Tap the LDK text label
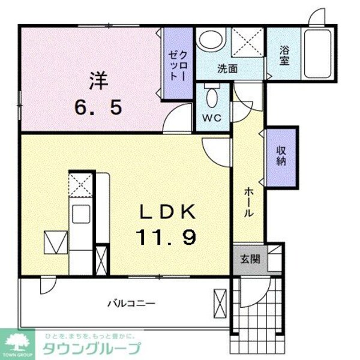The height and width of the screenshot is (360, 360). click(167, 212)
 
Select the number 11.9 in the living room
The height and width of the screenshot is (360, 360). click(167, 239)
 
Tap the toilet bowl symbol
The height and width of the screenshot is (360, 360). click(212, 96)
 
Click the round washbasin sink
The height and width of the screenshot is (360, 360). click(211, 41)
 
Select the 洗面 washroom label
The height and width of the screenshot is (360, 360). click(227, 69)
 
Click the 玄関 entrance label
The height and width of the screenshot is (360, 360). click(250, 259)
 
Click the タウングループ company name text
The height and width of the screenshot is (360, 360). click(91, 349)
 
